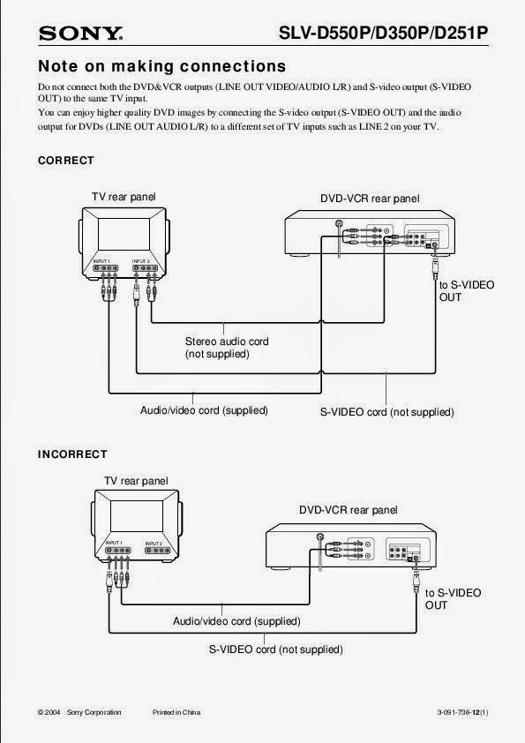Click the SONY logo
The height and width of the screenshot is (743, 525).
point(80,34)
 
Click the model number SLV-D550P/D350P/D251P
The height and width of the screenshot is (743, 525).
point(383,34)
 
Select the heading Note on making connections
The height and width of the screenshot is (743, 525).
point(161,66)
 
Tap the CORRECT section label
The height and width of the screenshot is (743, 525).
point(65,161)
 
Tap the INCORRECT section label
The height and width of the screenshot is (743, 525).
point(72,454)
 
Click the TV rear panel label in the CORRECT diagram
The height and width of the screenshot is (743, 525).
point(124,196)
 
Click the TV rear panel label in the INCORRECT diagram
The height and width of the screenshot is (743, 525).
point(136,481)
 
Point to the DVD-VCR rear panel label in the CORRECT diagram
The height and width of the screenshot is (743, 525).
point(370,199)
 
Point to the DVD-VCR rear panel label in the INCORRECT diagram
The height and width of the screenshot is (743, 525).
point(348,510)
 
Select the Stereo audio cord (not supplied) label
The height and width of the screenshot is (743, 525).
point(227,348)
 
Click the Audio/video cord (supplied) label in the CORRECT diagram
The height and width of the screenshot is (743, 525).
point(204,410)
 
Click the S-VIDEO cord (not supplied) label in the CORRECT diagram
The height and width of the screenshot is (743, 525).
point(386,412)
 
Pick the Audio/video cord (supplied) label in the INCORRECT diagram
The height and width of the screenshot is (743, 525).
point(236,621)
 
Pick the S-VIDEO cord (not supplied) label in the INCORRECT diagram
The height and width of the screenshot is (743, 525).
point(275,649)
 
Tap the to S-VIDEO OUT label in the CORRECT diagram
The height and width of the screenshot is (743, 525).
point(466,291)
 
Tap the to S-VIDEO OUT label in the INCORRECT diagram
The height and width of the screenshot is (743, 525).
point(453,599)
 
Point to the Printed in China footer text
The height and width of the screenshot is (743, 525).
point(176,712)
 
